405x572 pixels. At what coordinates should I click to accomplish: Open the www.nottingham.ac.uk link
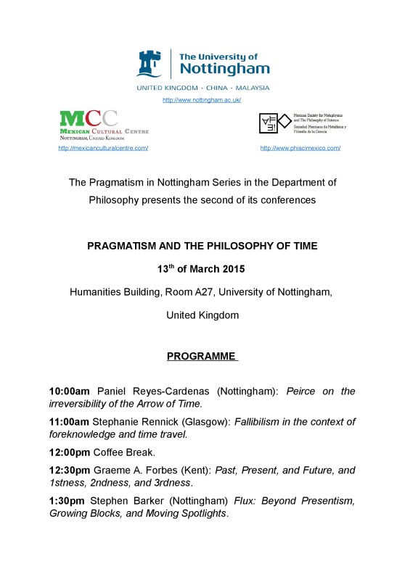pyautogui.click(x=202, y=99)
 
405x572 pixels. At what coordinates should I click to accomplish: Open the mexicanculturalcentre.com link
pyautogui.click(x=103, y=148)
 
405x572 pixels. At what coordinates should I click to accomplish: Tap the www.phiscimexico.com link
pyautogui.click(x=300, y=148)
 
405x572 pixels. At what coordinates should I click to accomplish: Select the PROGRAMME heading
pyautogui.click(x=202, y=356)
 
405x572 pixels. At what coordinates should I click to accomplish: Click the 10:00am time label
pyautogui.click(x=69, y=391)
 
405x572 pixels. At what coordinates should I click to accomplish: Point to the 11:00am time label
pyautogui.click(x=69, y=423)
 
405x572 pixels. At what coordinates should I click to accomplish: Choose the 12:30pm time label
pyautogui.click(x=69, y=471)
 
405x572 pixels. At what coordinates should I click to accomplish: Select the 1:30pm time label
pyautogui.click(x=66, y=502)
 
